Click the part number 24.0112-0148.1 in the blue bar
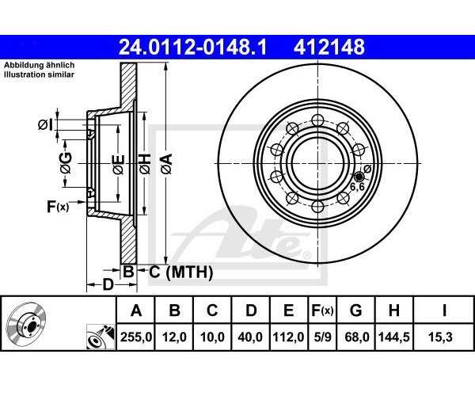(x=192, y=47)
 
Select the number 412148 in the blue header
(x=329, y=47)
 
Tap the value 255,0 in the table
(x=136, y=337)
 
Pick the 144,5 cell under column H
(x=393, y=337)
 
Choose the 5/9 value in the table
(x=323, y=337)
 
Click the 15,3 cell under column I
(x=443, y=337)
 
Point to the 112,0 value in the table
(x=288, y=337)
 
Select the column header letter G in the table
(x=356, y=310)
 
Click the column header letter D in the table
(x=251, y=310)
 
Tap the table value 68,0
(x=357, y=337)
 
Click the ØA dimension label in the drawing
(x=167, y=164)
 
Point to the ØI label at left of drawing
(x=45, y=124)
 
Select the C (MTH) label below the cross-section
(x=180, y=272)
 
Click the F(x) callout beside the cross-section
(x=58, y=207)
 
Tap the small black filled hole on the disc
(x=359, y=177)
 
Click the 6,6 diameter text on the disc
(x=357, y=187)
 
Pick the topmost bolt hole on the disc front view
(x=317, y=120)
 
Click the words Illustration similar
(x=39, y=74)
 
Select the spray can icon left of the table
(x=101, y=337)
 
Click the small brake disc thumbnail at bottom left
(x=26, y=326)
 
